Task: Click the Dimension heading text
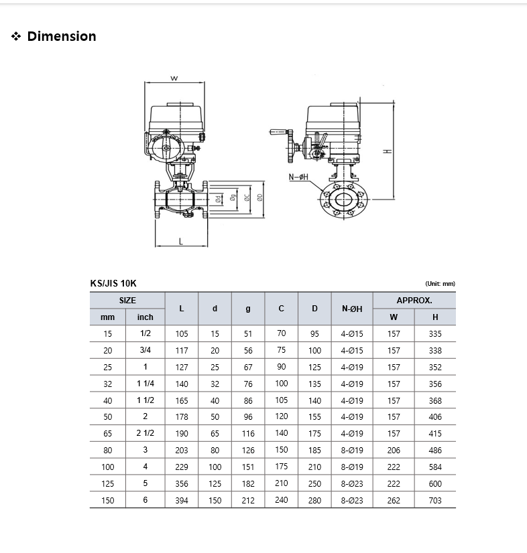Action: (x=62, y=36)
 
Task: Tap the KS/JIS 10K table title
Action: (x=113, y=284)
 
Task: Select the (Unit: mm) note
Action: (x=440, y=284)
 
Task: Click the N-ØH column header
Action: (x=352, y=309)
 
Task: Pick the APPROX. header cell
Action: (x=414, y=301)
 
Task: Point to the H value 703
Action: (x=435, y=501)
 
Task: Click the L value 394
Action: (x=182, y=501)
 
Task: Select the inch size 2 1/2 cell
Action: (x=145, y=433)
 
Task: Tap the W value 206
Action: (x=394, y=451)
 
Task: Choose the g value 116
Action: (x=248, y=433)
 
